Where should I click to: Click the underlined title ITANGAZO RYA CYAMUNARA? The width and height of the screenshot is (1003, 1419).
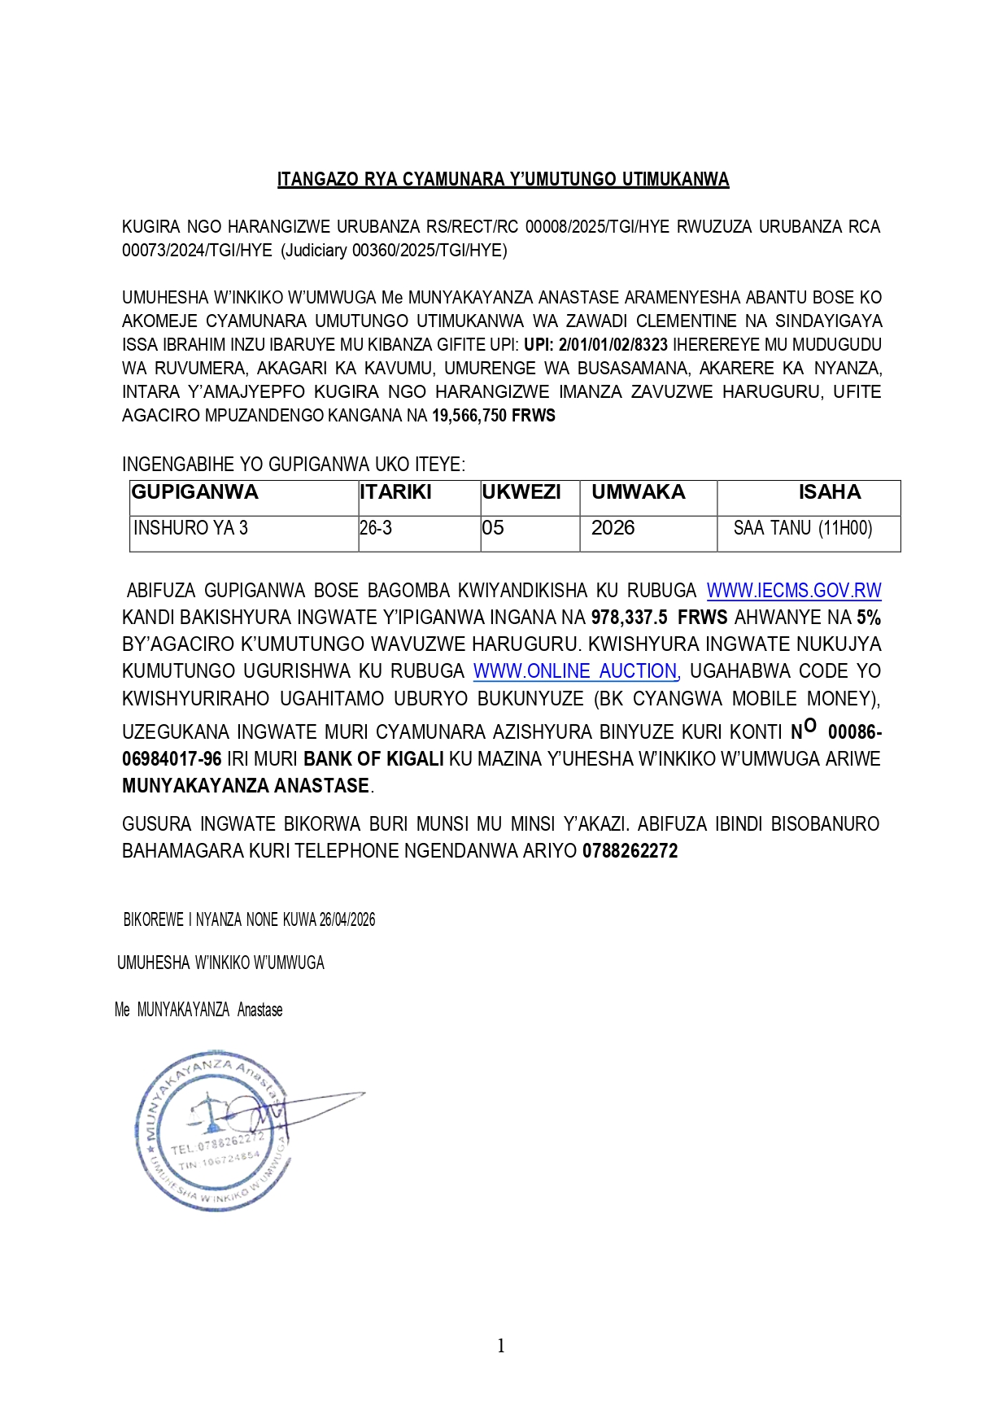tap(503, 179)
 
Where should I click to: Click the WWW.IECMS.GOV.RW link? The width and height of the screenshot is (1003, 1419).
tap(793, 591)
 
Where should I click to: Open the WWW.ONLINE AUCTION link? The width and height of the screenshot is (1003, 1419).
tap(575, 671)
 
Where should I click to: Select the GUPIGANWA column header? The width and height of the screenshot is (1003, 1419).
tap(195, 492)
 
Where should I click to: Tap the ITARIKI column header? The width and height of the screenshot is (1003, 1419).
tap(395, 492)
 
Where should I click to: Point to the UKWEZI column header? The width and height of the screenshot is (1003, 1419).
tap(521, 492)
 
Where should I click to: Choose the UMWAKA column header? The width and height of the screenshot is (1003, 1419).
tap(639, 492)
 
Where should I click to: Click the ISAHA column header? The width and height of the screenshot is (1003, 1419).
tap(829, 492)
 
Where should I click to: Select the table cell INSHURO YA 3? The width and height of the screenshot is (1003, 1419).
tap(190, 528)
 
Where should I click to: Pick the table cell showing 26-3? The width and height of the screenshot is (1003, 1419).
tap(376, 528)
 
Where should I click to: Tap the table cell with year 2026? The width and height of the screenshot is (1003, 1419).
tap(613, 528)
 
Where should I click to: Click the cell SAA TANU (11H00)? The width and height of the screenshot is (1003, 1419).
tap(803, 528)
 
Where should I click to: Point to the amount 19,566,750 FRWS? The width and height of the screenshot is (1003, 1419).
tap(493, 416)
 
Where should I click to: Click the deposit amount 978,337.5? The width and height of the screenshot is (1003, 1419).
tap(629, 618)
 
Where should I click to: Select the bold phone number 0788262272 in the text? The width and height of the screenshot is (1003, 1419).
tap(630, 851)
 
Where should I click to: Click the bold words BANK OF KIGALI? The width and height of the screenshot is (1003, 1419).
tap(373, 759)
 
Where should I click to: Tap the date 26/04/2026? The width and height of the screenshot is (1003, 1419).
tap(347, 920)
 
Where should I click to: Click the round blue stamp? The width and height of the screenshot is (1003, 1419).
tap(213, 1129)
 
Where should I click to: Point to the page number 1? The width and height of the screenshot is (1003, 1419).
tap(501, 1346)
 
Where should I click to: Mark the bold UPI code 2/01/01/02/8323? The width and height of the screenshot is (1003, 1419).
tap(613, 345)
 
